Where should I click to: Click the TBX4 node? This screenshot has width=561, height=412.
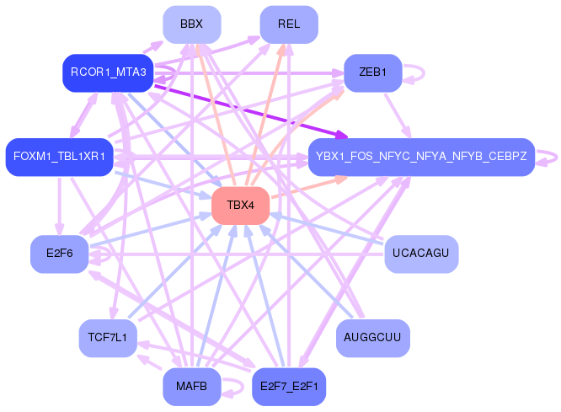pos(240,206)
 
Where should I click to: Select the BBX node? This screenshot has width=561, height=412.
pos(192,24)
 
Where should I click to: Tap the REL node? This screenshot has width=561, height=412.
pos(289,24)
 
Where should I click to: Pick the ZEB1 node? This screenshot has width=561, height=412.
pos(373,72)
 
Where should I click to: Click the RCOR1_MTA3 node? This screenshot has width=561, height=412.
pos(108,72)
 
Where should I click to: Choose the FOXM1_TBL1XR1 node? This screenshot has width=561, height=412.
pos(60,157)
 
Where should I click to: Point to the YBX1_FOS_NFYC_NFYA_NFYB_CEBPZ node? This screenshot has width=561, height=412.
pos(421,157)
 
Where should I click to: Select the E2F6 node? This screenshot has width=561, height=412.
pos(60,254)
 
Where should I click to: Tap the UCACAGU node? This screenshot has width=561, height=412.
pos(421,254)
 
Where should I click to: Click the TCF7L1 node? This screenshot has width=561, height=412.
pos(108,338)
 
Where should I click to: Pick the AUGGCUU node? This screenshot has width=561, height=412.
pos(373,338)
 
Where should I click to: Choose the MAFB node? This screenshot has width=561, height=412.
pos(192,387)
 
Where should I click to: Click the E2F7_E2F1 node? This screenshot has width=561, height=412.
pos(289,387)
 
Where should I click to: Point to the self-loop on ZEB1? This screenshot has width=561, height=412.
pos(424,73)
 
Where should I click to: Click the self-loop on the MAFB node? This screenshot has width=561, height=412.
pos(243,388)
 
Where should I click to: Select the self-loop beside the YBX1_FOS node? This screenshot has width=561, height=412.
pos(557,158)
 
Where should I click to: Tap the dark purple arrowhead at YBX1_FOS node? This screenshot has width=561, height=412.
pos(342,136)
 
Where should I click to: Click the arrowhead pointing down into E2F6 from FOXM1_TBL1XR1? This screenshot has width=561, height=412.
pos(60,229)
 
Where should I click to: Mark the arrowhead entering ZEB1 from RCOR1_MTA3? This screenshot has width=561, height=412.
pos(338,73)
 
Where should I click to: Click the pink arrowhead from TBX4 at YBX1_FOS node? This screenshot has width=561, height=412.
pos(341,179)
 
